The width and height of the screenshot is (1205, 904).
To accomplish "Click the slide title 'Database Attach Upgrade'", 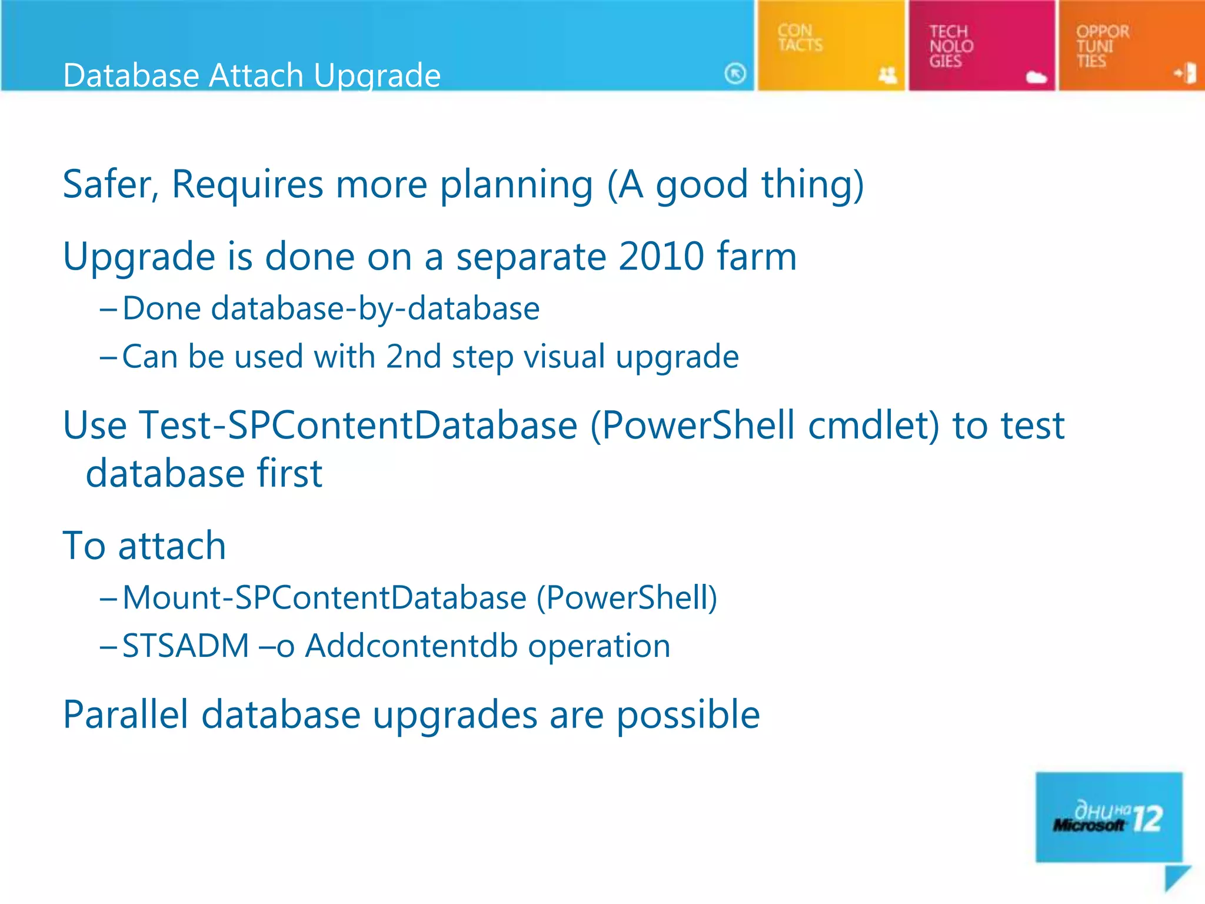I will (x=252, y=75).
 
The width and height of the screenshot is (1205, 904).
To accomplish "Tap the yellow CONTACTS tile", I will (x=830, y=46).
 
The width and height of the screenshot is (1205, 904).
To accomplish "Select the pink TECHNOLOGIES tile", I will (x=981, y=46).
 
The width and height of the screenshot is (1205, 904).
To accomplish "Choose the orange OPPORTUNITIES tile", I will (x=1131, y=46).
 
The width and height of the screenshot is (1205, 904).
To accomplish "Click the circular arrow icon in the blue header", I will (x=735, y=74).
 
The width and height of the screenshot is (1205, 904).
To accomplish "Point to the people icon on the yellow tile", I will (x=887, y=75).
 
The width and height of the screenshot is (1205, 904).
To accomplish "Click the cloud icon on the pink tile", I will (x=1036, y=77).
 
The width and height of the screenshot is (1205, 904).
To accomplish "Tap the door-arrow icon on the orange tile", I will (x=1186, y=74).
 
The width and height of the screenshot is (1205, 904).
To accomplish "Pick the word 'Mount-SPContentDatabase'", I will (x=324, y=598).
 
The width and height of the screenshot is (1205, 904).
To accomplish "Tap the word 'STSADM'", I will (x=185, y=646).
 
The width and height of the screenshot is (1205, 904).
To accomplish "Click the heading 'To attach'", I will (x=144, y=546).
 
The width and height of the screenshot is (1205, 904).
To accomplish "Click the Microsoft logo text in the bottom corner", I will (x=1088, y=825).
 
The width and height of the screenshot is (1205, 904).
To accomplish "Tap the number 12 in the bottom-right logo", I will (x=1147, y=819).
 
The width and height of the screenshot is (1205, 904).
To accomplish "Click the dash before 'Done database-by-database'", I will (x=108, y=309).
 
